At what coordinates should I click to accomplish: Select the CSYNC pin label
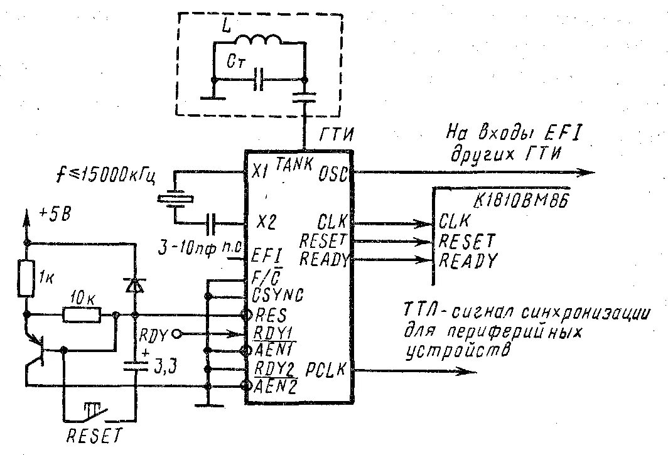point(278,294)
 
